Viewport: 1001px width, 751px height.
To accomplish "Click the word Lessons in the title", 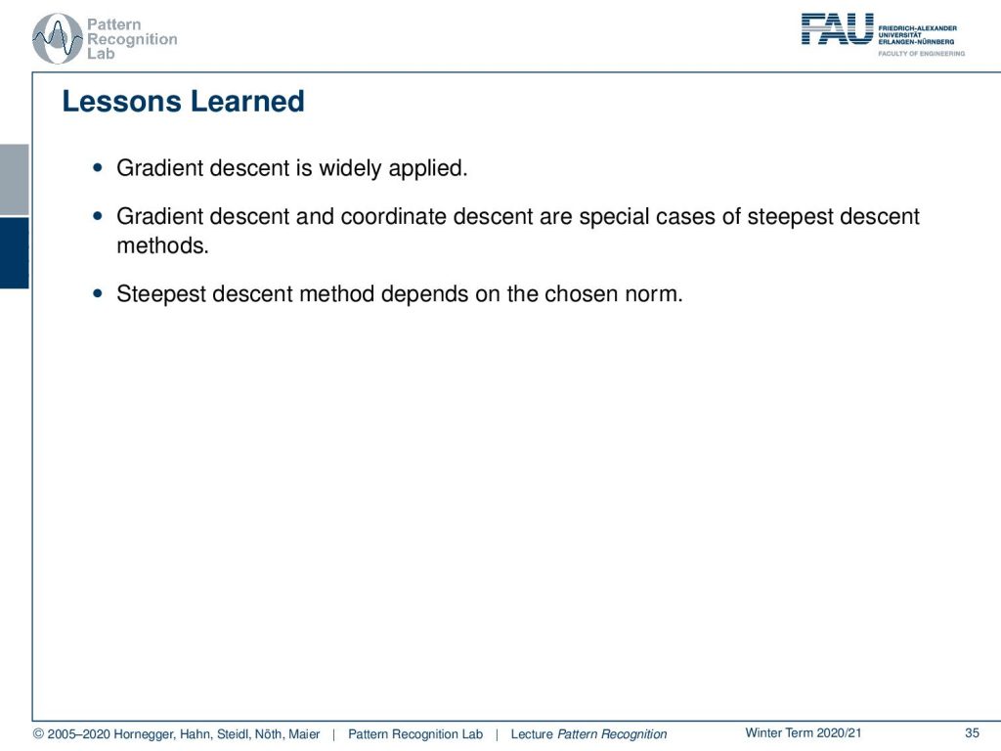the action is point(121,102).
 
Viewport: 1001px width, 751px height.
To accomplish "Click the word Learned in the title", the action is point(247,102).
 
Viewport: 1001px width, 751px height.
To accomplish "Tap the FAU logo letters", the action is point(837,29).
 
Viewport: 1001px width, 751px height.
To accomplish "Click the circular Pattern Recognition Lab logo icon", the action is point(58,39).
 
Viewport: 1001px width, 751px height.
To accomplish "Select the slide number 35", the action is point(972,733).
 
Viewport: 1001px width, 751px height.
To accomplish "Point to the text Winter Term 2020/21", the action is point(804,733).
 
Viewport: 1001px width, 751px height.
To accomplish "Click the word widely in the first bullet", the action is point(350,168).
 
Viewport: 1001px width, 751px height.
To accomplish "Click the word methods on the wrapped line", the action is point(163,245).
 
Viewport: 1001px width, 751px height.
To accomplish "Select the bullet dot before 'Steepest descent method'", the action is point(97,293).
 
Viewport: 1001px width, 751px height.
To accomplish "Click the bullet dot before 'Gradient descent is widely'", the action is point(97,168).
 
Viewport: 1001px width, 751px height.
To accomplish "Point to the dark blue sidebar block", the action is point(14,253).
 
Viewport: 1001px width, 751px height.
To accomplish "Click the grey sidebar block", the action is point(14,180).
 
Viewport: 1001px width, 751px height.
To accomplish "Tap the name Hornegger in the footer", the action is point(145,735).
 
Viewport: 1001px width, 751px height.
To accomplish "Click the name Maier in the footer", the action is point(304,734).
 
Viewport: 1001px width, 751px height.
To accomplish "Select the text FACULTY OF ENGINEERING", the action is point(921,54).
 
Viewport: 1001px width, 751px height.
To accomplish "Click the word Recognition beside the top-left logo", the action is point(132,39).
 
